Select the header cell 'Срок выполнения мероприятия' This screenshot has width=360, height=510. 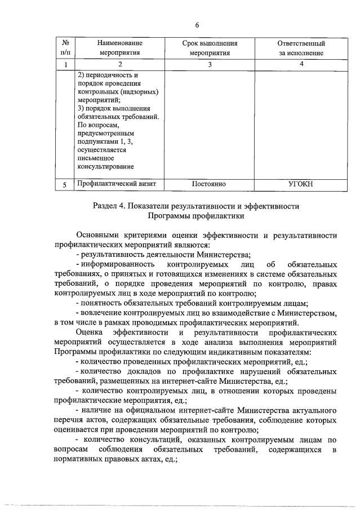pyautogui.click(x=210, y=48)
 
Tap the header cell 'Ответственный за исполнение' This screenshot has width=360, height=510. pyautogui.click(x=301, y=48)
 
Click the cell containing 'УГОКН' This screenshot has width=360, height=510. pyautogui.click(x=301, y=184)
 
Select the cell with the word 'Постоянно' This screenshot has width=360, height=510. pyautogui.click(x=209, y=184)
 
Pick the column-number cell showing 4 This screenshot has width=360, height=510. pyautogui.click(x=301, y=64)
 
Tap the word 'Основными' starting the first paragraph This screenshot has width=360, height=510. pyautogui.click(x=96, y=236)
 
